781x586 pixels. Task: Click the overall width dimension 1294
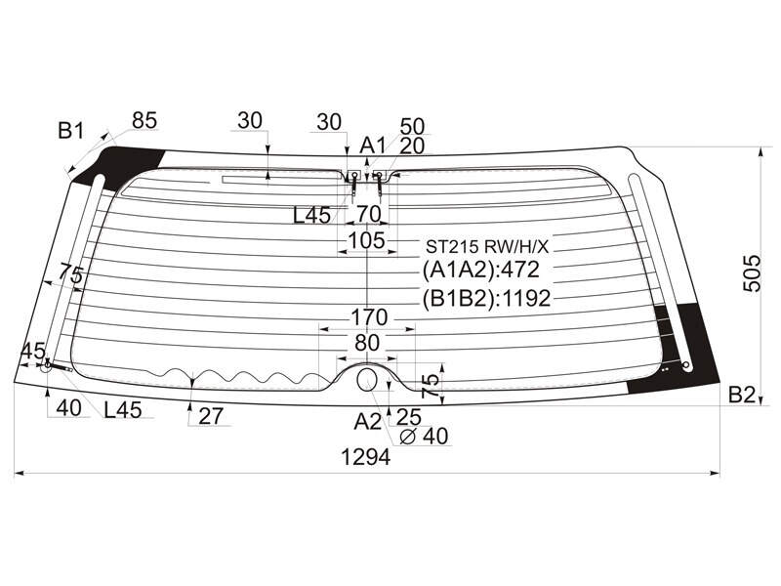point(365,456)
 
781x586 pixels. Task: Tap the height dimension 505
point(752,273)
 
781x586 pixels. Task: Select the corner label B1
point(71,131)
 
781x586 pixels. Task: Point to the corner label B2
point(742,395)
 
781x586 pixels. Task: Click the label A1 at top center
point(373,146)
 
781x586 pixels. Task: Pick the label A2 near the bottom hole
point(368,422)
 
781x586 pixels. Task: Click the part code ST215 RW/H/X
point(486,246)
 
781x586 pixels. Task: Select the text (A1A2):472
point(480,271)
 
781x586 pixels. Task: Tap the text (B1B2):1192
point(486,298)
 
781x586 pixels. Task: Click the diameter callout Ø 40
point(425,436)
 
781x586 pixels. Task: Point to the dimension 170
point(369,316)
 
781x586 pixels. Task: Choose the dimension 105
point(367,240)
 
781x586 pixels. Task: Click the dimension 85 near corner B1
point(144,120)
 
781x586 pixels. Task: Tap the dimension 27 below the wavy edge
point(211,416)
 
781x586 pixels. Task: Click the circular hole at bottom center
point(368,380)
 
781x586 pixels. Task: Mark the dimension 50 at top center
point(412,127)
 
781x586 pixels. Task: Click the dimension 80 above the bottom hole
point(367,343)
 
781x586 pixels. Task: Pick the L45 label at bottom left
point(123,409)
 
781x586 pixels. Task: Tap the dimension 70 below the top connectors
point(369,214)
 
